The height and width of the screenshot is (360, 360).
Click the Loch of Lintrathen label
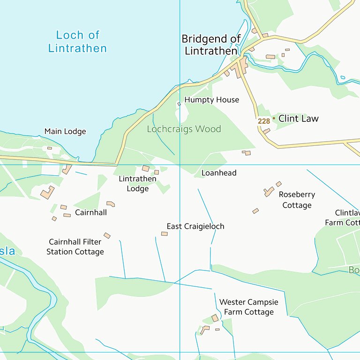coord(77,42)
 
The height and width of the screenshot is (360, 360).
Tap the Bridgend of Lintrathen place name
coord(211,45)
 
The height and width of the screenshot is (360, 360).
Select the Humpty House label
coord(211,100)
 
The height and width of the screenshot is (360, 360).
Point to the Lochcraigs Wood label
coord(184,129)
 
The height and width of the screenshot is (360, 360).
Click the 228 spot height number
coord(263,121)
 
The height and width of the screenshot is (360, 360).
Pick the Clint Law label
coord(298,119)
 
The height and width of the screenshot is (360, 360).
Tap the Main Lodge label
coord(65,132)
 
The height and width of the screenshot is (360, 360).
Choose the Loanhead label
coord(219,173)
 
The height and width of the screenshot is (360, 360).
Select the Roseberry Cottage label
coord(297,200)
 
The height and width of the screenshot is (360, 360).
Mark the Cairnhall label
coord(91,212)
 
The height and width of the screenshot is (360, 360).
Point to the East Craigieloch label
coord(195,226)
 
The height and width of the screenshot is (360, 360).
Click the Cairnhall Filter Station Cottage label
coord(75,247)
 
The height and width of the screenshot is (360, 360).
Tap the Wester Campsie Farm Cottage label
coord(248,307)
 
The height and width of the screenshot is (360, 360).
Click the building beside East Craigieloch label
coord(165,233)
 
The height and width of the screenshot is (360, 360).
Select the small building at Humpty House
coord(179,104)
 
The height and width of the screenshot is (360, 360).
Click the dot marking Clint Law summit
coord(274,119)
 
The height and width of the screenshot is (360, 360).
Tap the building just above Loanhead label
coord(246,153)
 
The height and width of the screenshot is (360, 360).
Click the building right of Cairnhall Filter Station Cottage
coord(107,235)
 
